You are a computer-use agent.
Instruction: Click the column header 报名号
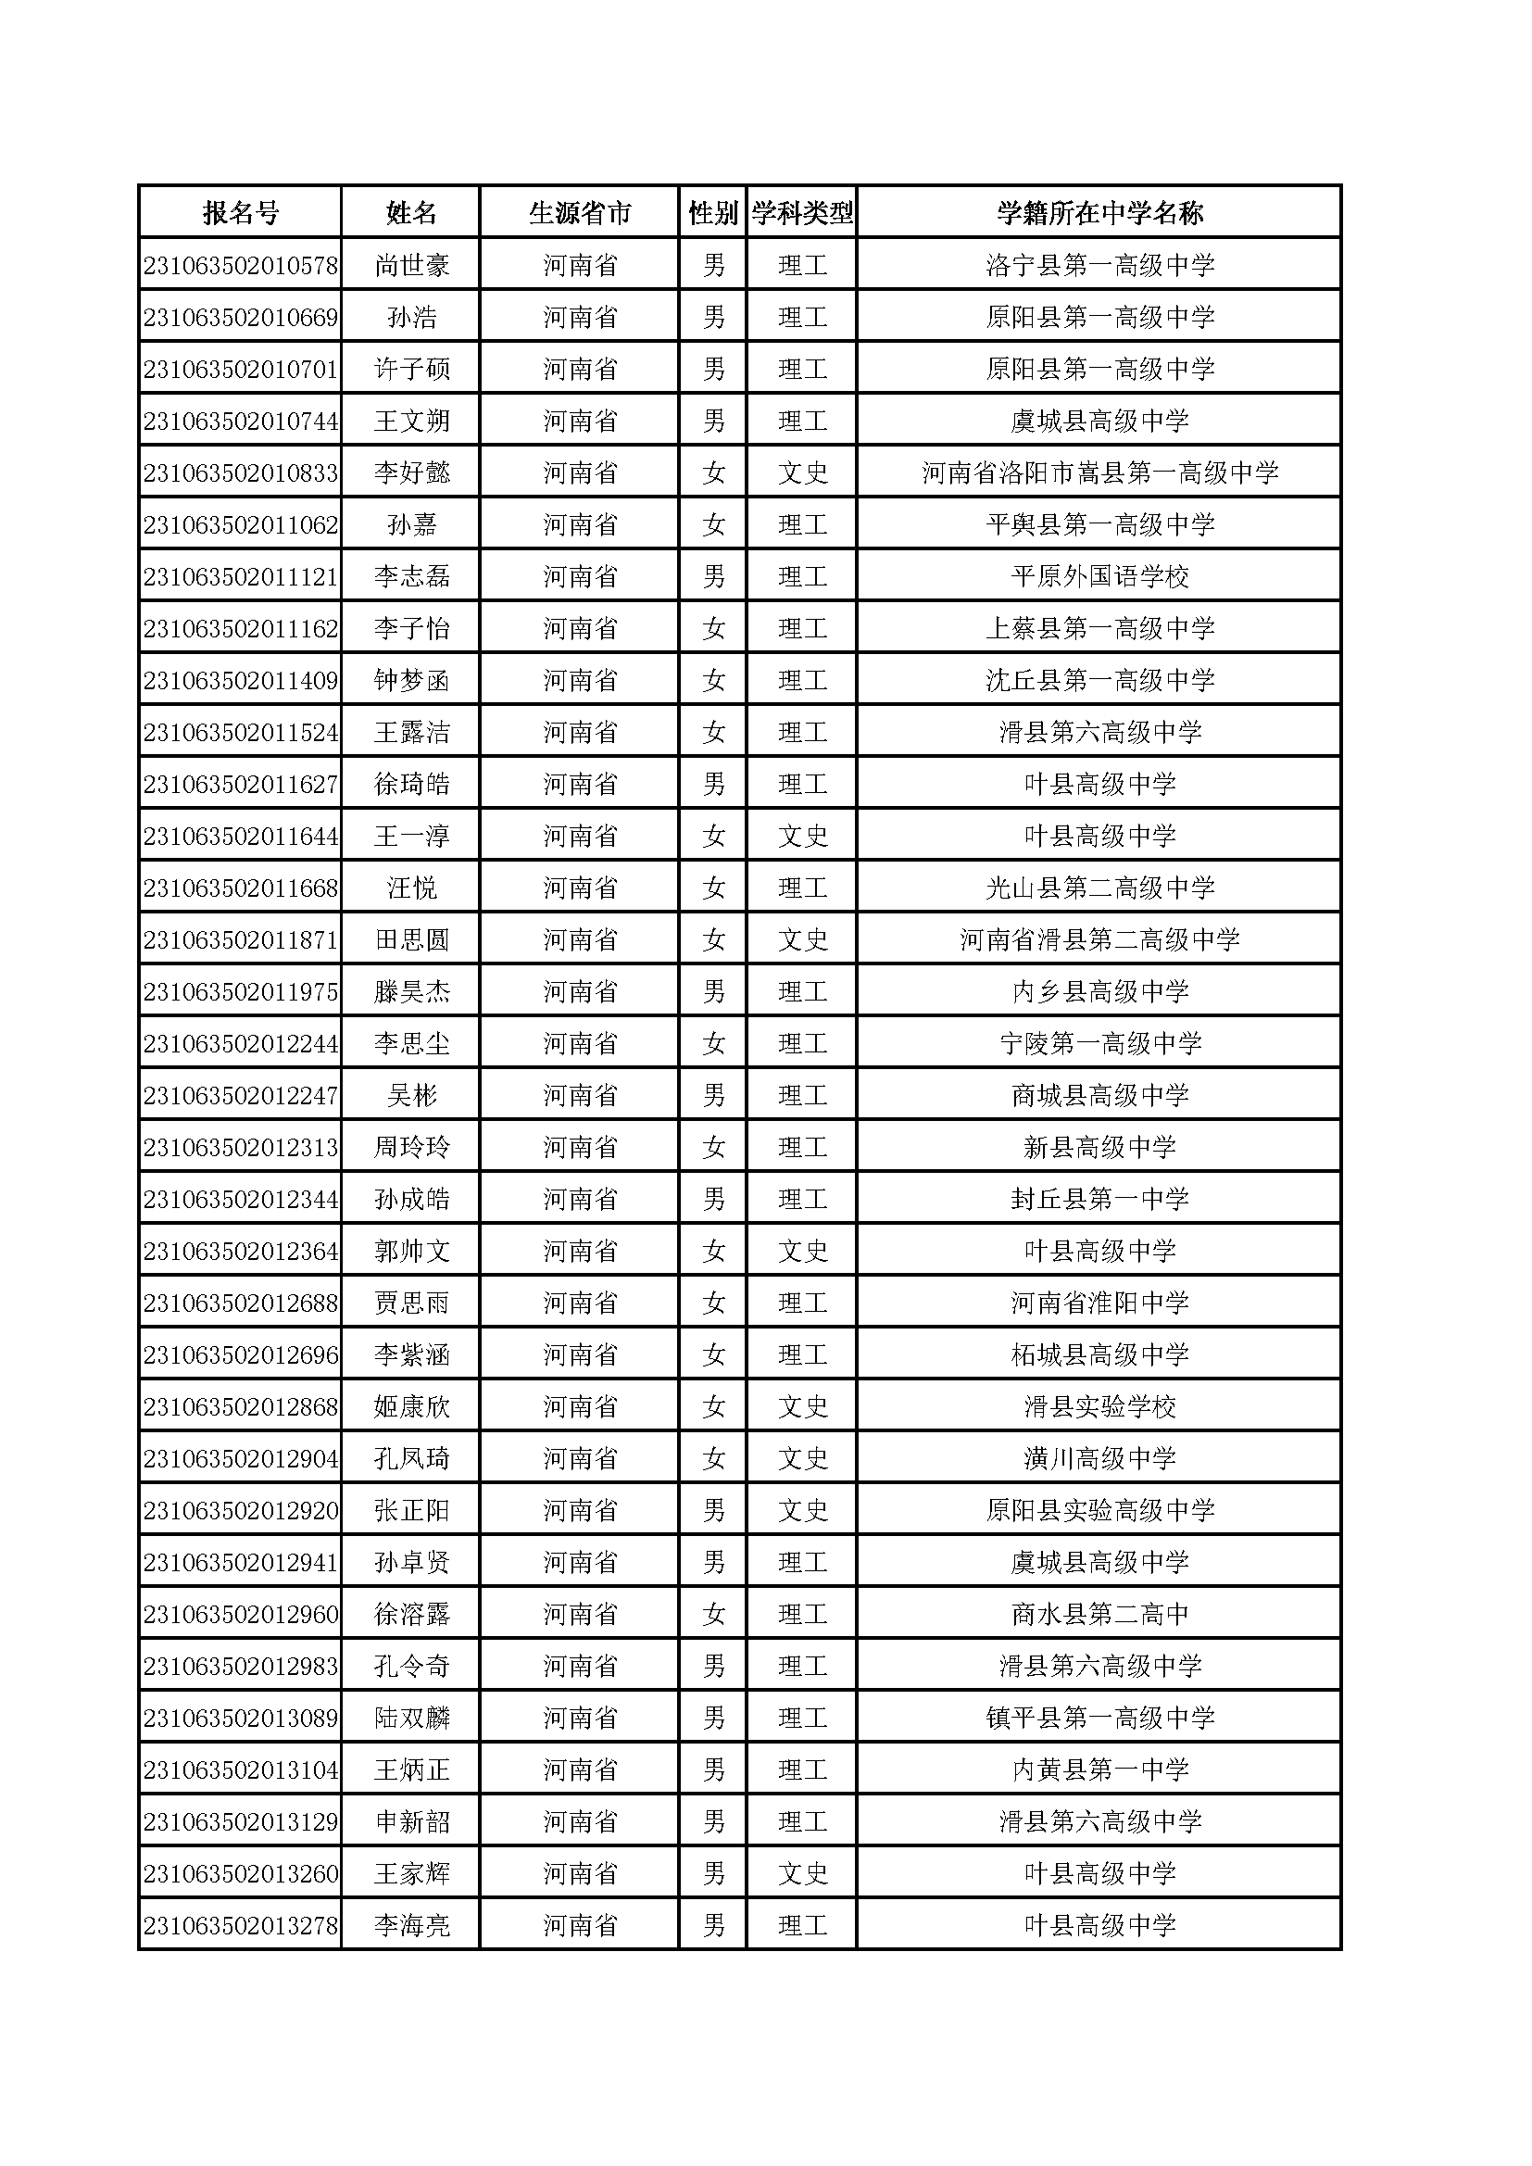pyautogui.click(x=241, y=213)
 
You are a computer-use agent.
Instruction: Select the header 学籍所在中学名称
pyautogui.click(x=1099, y=213)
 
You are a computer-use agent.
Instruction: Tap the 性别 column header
pyautogui.click(x=712, y=213)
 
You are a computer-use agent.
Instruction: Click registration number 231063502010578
pyautogui.click(x=241, y=265)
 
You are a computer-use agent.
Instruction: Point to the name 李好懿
pyautogui.click(x=411, y=472)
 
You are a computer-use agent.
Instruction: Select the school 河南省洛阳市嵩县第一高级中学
pyautogui.click(x=1099, y=472)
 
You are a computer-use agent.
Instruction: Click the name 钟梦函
pyautogui.click(x=411, y=680)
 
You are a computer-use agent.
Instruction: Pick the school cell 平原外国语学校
pyautogui.click(x=1099, y=576)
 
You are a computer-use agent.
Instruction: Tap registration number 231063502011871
pyautogui.click(x=241, y=939)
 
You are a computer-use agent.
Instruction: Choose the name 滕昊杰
pyautogui.click(x=411, y=991)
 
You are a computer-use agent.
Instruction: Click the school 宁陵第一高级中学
pyautogui.click(x=1099, y=1043)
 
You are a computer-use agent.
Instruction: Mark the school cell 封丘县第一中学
pyautogui.click(x=1099, y=1199)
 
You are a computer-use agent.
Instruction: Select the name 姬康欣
pyautogui.click(x=411, y=1406)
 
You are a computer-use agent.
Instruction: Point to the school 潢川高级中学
pyautogui.click(x=1099, y=1458)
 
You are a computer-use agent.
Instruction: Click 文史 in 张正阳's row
pyautogui.click(x=802, y=1510)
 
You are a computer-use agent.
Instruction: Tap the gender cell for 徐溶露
pyautogui.click(x=713, y=1614)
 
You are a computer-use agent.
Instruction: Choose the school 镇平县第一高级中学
pyautogui.click(x=1099, y=1718)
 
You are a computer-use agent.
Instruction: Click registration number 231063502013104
pyautogui.click(x=241, y=1769)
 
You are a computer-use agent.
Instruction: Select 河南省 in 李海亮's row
pyautogui.click(x=579, y=1925)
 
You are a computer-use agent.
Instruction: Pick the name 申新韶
pyautogui.click(x=411, y=1821)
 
